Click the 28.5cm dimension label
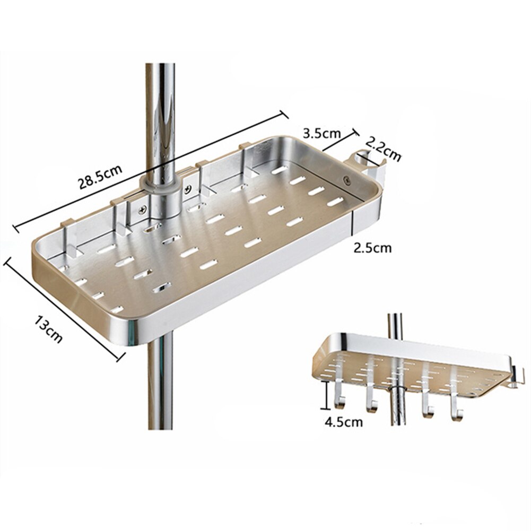tap(101, 177)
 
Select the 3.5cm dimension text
tap(321, 132)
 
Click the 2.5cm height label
tap(373, 247)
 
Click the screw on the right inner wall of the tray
tap(347, 180)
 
